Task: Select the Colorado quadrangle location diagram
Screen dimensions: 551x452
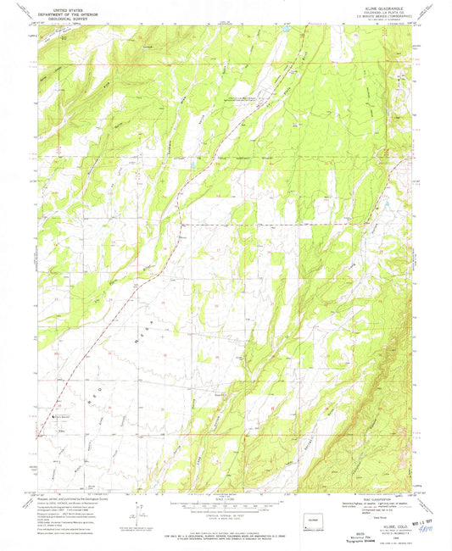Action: coord(315,520)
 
